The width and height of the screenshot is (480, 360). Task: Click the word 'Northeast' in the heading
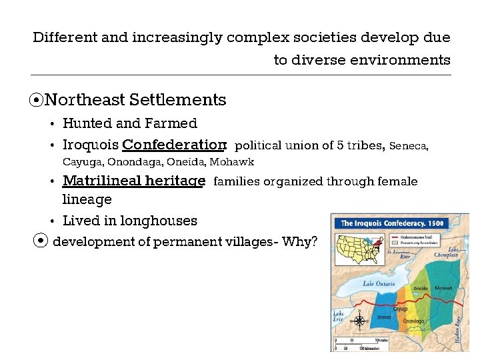point(85,100)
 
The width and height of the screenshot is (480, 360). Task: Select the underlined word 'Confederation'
point(174,145)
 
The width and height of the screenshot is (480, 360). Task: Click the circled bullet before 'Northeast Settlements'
point(37,101)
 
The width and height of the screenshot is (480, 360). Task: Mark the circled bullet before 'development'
point(41,241)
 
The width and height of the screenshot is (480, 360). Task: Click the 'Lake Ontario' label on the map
point(378,283)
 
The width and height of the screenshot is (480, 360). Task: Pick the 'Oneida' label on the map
point(421,289)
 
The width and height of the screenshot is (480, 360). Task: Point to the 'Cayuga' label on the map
point(400,309)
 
